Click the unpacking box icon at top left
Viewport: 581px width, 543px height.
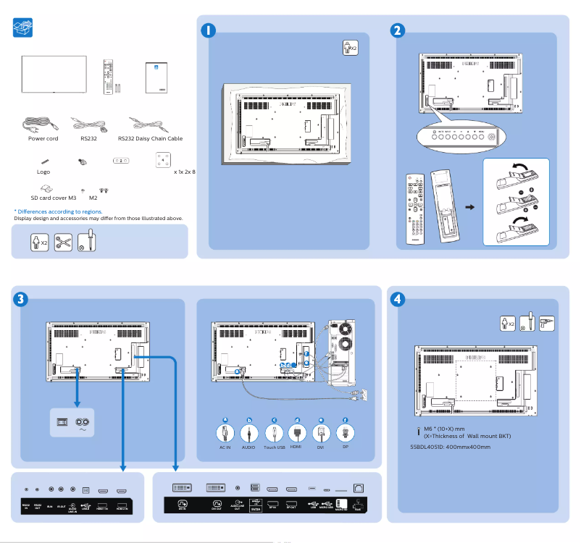click(x=24, y=28)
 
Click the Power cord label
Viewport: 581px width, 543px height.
click(x=43, y=138)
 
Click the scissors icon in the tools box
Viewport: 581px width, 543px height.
click(x=63, y=242)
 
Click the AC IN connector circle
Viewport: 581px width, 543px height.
click(x=226, y=433)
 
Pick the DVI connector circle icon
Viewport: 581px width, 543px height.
click(x=322, y=433)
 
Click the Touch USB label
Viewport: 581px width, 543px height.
click(x=274, y=448)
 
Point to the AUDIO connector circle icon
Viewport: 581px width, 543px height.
click(x=248, y=433)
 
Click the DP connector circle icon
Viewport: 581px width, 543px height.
click(x=346, y=433)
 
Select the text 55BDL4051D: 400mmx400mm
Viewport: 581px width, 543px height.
click(x=450, y=447)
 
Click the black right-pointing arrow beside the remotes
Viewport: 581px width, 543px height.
click(x=469, y=207)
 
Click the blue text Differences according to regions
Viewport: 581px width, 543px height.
click(x=59, y=211)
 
